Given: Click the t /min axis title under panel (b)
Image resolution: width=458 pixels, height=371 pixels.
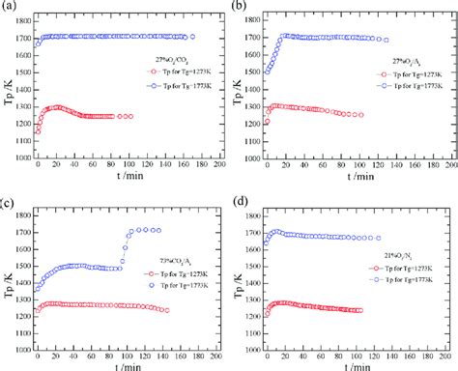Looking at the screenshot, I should pyautogui.click(x=353, y=185).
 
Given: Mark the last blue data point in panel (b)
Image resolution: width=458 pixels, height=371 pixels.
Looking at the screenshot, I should pyautogui.click(x=386, y=40).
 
